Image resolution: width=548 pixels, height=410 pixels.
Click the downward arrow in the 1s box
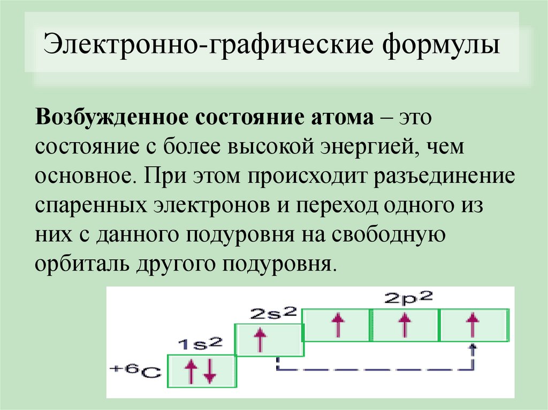click(209, 372)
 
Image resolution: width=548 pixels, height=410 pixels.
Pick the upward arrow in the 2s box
click(260, 339)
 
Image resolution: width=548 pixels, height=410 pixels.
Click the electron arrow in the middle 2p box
click(404, 324)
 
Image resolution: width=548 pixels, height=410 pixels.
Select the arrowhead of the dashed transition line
click(472, 347)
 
